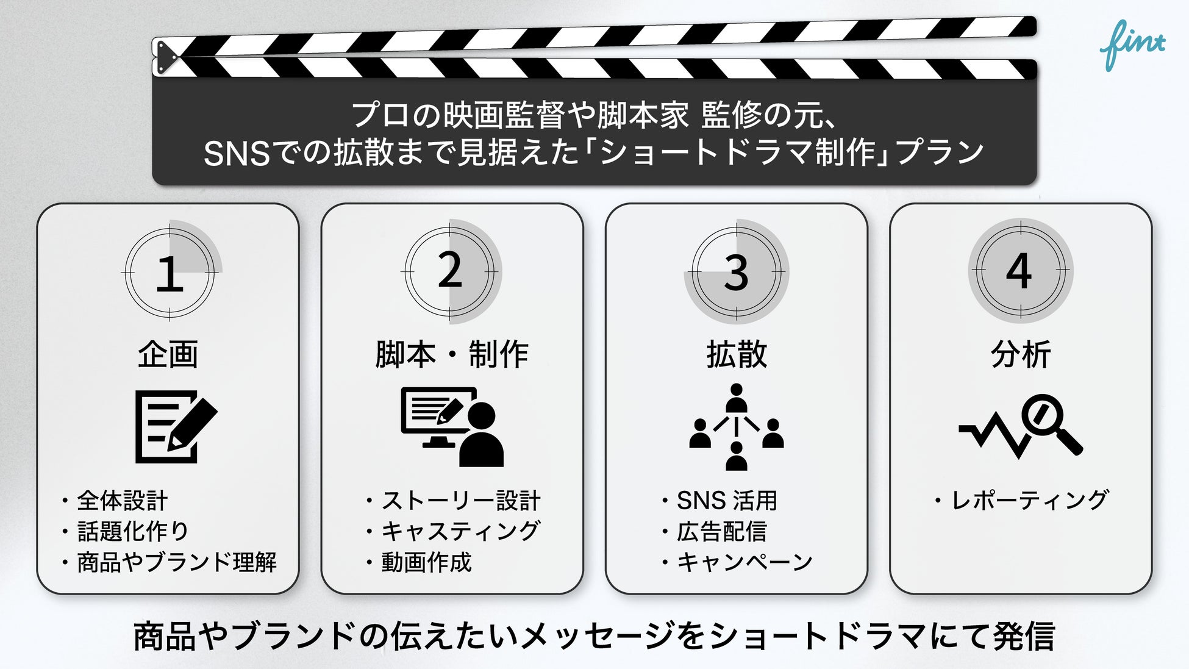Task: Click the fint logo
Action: pyautogui.click(x=1132, y=45)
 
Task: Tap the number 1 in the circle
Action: pyautogui.click(x=170, y=273)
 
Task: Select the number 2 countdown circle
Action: pyautogui.click(x=450, y=271)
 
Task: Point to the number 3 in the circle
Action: pyautogui.click(x=736, y=272)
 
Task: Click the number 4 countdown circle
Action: pyautogui.click(x=1020, y=271)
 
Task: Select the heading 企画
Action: pyautogui.click(x=168, y=354)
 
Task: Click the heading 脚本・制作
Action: pyautogui.click(x=452, y=354)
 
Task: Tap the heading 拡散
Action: pyautogui.click(x=737, y=354)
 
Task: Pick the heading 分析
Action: pyautogui.click(x=1021, y=354)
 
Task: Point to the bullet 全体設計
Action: pyautogui.click(x=122, y=501)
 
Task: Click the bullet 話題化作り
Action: pyautogui.click(x=133, y=531)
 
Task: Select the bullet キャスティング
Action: pyautogui.click(x=460, y=531)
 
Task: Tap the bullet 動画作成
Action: pyautogui.click(x=426, y=562)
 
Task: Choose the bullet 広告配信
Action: pyautogui.click(x=721, y=532)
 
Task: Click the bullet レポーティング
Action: pyautogui.click(x=1029, y=501)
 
